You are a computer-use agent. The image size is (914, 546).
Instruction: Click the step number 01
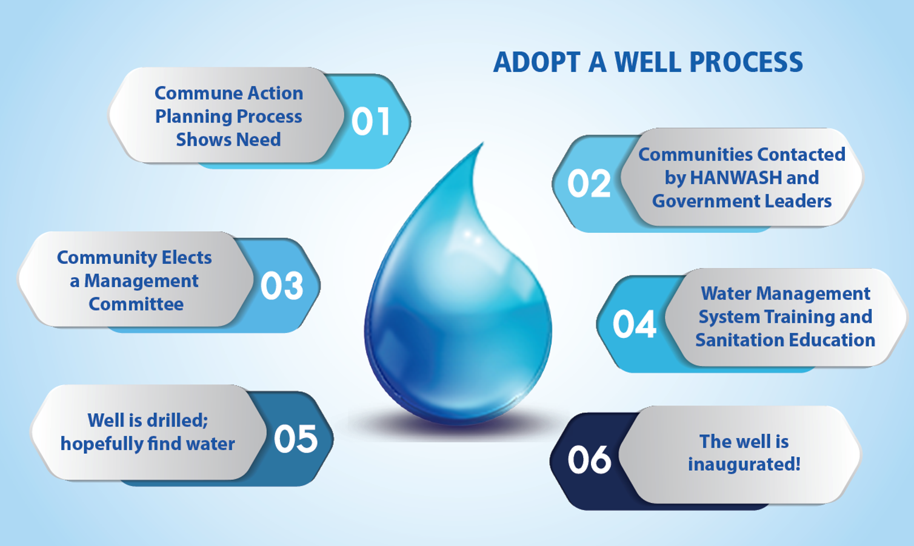(370, 121)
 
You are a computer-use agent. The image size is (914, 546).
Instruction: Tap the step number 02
(589, 183)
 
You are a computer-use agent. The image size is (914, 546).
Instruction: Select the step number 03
(282, 286)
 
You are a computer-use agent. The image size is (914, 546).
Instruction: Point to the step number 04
(634, 324)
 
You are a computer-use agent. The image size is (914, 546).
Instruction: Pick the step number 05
(296, 439)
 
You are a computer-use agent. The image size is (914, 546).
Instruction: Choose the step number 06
(589, 459)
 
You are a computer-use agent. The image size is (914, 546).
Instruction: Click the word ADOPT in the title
(537, 62)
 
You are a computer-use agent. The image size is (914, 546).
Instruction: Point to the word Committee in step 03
(136, 304)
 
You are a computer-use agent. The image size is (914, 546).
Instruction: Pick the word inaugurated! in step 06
(744, 464)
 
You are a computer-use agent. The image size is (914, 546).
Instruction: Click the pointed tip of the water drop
(483, 143)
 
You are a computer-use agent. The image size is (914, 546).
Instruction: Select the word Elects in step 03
(187, 258)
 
